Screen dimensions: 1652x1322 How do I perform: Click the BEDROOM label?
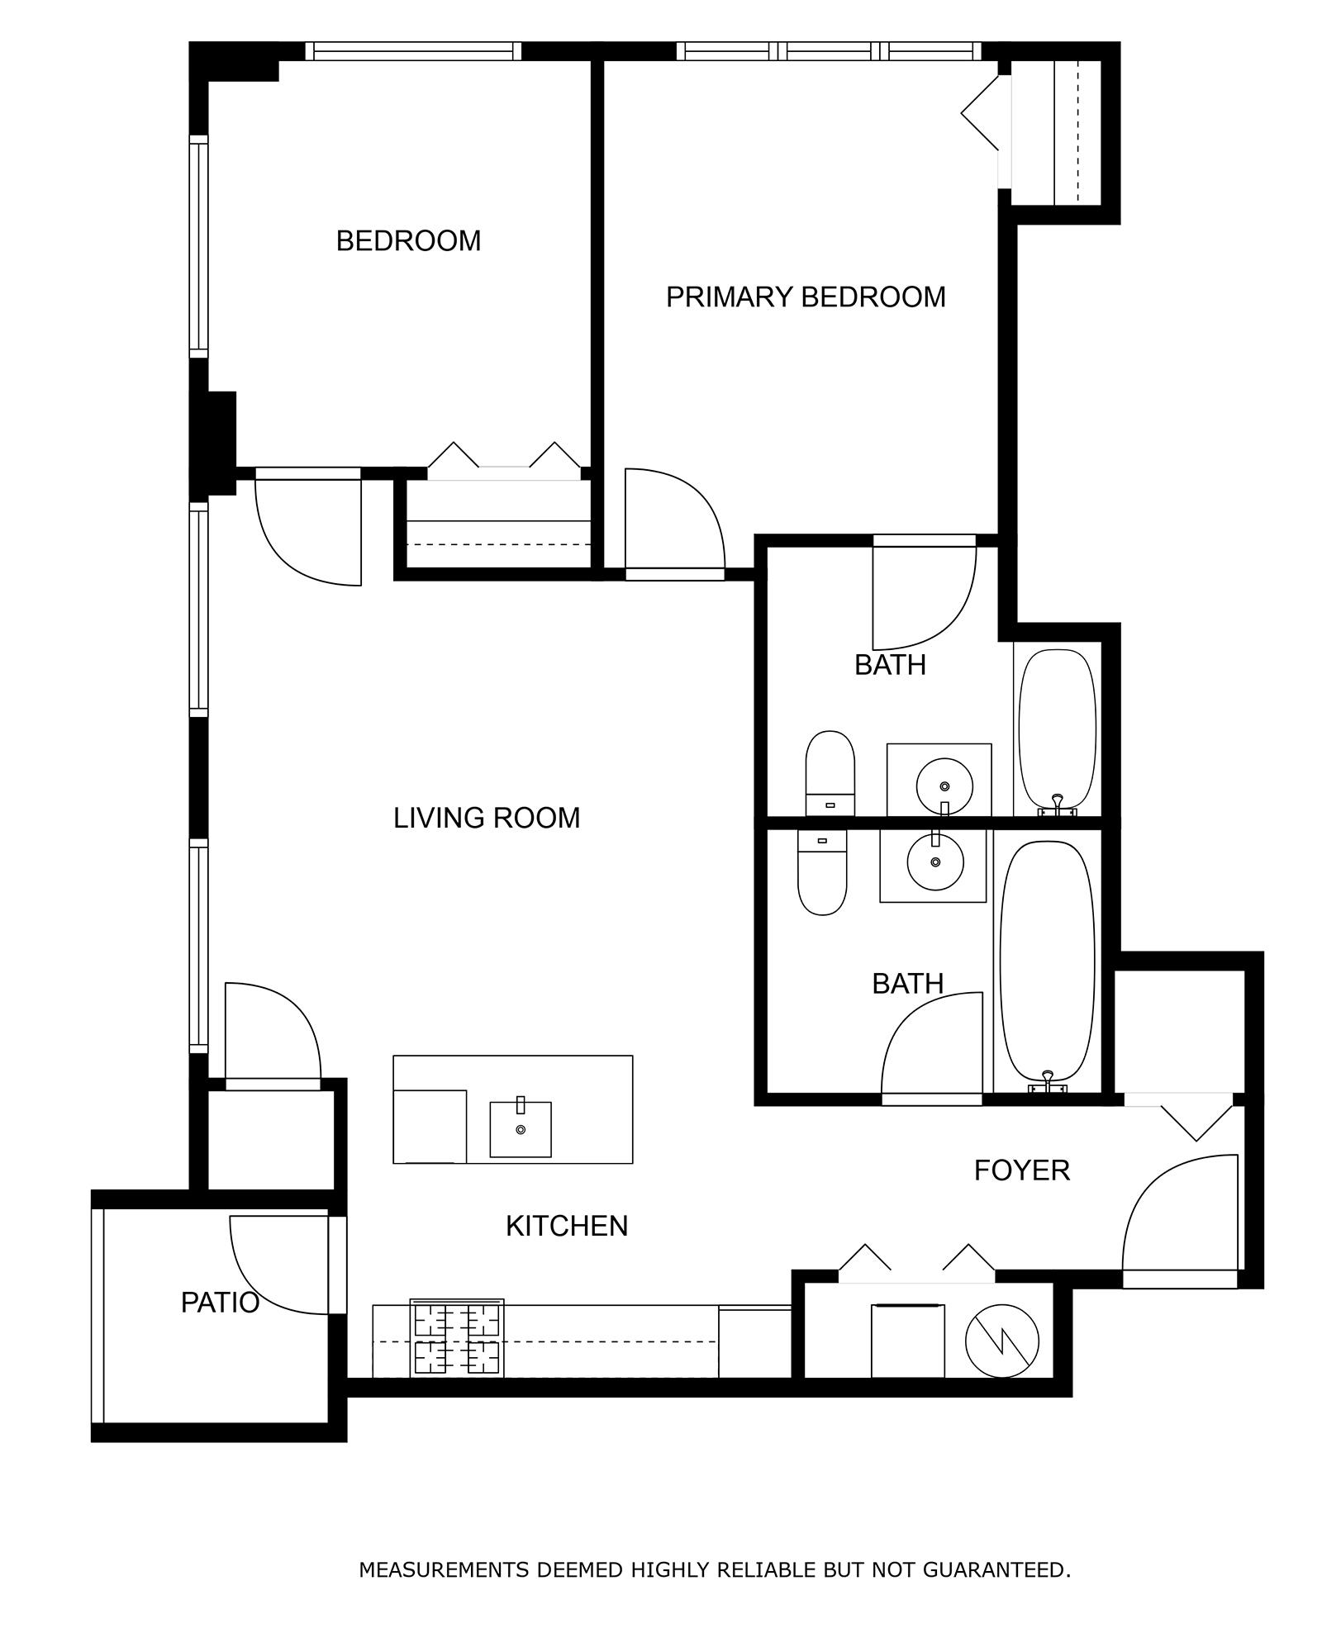pos(408,241)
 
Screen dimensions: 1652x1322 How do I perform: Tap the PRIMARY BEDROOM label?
pos(806,297)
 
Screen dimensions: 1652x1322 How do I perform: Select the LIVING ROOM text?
pos(487,818)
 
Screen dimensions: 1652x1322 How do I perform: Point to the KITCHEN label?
pos(567,1226)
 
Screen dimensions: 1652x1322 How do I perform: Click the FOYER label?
pos(1022,1170)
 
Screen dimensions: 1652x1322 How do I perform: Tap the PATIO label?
pos(220,1303)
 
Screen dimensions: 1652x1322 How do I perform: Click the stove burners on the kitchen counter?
pos(457,1338)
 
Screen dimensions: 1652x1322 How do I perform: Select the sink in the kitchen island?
pos(521,1129)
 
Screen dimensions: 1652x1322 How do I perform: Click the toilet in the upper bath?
pos(830,773)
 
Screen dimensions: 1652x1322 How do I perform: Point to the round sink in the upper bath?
pos(944,786)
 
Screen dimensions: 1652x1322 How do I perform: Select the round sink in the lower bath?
pos(935,862)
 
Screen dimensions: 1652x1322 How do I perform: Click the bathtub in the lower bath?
pos(1047,962)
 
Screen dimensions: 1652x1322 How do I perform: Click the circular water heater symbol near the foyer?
pos(1001,1341)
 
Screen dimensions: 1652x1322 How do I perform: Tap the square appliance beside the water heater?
pos(908,1341)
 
